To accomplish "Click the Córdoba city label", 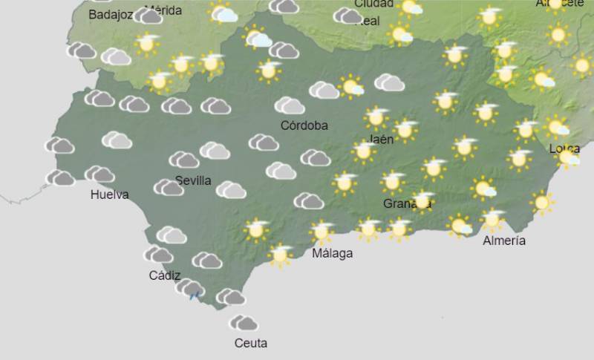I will click(x=304, y=125).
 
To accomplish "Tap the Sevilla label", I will click(x=193, y=180).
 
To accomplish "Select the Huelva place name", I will click(x=109, y=195).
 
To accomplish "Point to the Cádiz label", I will click(x=164, y=275).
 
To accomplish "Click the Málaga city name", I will click(x=332, y=253).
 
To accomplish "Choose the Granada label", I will click(x=407, y=203).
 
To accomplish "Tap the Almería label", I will click(x=503, y=240).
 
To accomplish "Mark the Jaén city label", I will click(x=380, y=139).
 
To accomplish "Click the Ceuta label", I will click(x=250, y=343).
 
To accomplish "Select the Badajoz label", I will click(x=111, y=14).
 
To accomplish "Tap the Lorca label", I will click(x=564, y=148).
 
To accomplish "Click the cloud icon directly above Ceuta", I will click(x=244, y=323).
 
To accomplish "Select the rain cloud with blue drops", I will click(x=192, y=289).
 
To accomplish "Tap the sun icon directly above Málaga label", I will click(x=321, y=232).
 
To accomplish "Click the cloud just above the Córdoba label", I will click(x=290, y=106).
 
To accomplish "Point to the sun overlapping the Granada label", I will click(x=422, y=200).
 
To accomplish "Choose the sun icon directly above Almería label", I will click(x=492, y=220).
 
